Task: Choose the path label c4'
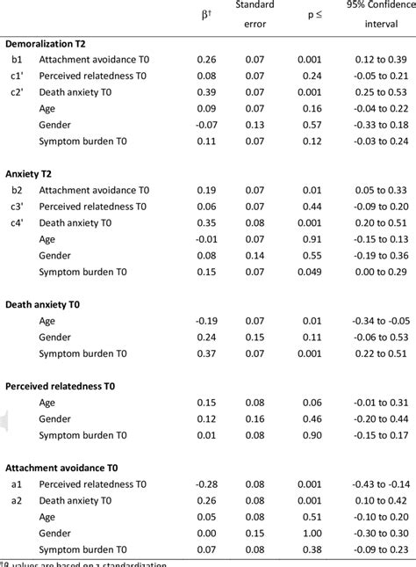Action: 18,222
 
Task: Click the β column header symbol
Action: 206,14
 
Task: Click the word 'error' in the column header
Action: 255,24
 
